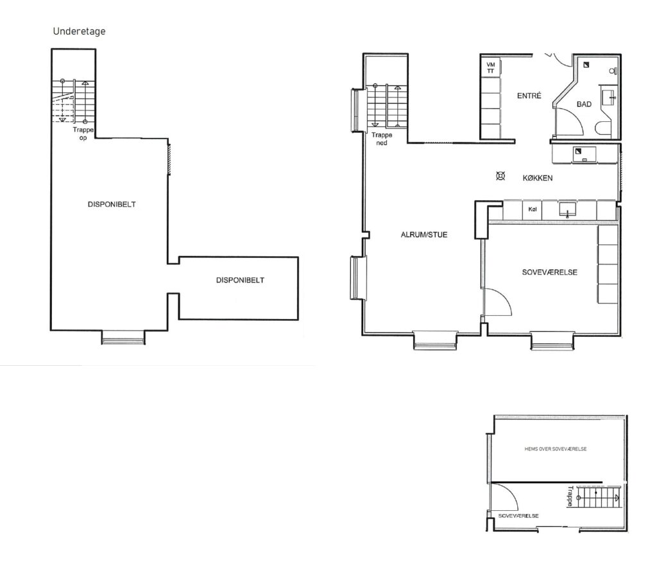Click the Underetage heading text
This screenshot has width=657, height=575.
pyautogui.click(x=79, y=31)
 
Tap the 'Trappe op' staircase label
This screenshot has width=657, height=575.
pyautogui.click(x=83, y=133)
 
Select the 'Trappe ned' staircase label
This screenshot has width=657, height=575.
pyautogui.click(x=382, y=139)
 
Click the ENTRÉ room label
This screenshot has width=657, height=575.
pyautogui.click(x=529, y=96)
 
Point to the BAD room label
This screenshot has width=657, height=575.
pyautogui.click(x=584, y=104)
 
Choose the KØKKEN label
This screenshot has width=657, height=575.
pyautogui.click(x=538, y=178)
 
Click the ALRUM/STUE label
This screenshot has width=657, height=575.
pyautogui.click(x=424, y=235)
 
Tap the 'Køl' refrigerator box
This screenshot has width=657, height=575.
pyautogui.click(x=532, y=210)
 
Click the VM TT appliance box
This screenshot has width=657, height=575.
pyautogui.click(x=491, y=68)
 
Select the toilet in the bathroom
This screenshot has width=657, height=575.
pyautogui.click(x=604, y=128)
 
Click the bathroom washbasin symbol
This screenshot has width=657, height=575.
pyautogui.click(x=608, y=98)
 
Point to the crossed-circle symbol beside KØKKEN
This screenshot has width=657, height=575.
pyautogui.click(x=500, y=176)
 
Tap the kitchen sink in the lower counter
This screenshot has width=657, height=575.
pyautogui.click(x=567, y=209)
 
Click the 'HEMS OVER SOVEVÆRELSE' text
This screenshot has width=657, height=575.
pyautogui.click(x=556, y=449)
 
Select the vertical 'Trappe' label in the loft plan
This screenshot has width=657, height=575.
pyautogui.click(x=570, y=496)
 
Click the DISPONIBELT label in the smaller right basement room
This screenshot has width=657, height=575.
pyautogui.click(x=240, y=280)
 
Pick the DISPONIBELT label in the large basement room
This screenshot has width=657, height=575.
pyautogui.click(x=112, y=205)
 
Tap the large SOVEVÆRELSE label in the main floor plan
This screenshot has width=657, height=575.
pyautogui.click(x=550, y=272)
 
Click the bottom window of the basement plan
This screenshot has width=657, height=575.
pyautogui.click(x=123, y=338)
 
